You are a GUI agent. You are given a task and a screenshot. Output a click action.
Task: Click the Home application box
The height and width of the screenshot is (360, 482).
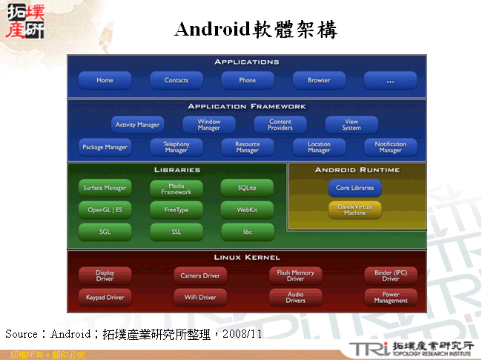(x=105, y=80)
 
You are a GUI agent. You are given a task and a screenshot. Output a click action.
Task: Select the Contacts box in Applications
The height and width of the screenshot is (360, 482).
(x=176, y=80)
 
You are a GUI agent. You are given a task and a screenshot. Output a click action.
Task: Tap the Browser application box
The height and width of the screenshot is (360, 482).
(x=319, y=80)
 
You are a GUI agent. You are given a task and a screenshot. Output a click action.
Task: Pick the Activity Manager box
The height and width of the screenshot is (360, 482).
(x=137, y=125)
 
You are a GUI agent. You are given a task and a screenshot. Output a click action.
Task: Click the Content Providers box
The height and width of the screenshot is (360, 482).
(x=280, y=125)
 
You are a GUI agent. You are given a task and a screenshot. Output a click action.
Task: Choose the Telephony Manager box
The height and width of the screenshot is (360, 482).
(x=176, y=147)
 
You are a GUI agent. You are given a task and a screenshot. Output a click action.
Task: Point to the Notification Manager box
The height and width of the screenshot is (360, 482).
(x=390, y=147)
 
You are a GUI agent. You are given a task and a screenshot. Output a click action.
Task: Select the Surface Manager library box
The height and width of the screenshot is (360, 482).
(x=105, y=188)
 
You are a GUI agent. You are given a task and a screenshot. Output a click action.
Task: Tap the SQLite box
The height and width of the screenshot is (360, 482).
(x=247, y=188)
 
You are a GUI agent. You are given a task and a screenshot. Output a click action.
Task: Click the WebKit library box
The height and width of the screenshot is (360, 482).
(x=247, y=210)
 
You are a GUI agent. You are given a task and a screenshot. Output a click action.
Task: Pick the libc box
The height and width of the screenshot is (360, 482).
(x=247, y=232)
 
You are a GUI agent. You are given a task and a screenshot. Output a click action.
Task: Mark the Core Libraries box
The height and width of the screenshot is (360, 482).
(x=354, y=188)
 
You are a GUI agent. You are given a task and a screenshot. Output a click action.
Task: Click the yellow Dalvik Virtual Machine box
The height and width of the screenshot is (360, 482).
(x=354, y=209)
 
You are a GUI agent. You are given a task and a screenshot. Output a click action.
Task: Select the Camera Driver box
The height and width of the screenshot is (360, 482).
(x=200, y=275)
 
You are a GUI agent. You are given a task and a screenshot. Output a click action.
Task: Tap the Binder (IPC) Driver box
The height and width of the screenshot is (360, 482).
(x=390, y=275)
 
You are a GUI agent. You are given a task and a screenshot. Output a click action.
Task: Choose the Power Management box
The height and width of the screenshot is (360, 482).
(x=390, y=298)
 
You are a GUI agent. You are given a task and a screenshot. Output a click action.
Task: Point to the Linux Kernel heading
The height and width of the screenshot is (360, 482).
(x=247, y=258)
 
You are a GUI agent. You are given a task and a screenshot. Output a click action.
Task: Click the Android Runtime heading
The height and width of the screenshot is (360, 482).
(x=357, y=170)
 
